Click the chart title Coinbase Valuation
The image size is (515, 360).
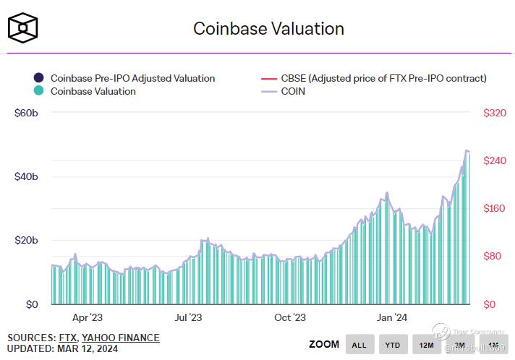tap(268, 29)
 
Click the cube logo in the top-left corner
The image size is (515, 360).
tap(23, 28)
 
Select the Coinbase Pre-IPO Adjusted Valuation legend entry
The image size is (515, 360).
tap(132, 78)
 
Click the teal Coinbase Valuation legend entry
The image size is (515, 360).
tap(93, 91)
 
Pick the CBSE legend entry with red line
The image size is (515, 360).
tap(383, 78)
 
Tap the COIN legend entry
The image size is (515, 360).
tap(293, 91)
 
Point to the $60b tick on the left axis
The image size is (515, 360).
tap(26, 113)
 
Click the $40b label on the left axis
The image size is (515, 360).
tap(26, 177)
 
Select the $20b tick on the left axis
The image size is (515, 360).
tap(26, 241)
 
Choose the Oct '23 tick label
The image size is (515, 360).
tap(290, 317)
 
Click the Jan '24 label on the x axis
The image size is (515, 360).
tap(391, 317)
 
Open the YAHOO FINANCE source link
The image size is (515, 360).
tap(121, 338)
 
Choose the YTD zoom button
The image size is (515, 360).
tap(392, 345)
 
